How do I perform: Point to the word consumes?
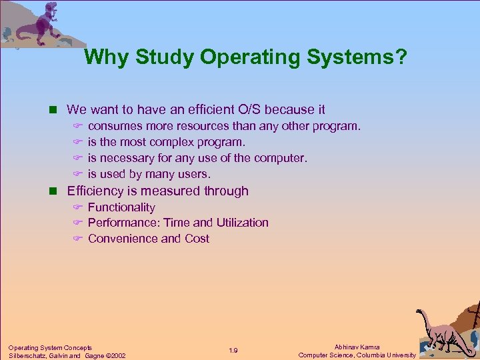(x=115, y=126)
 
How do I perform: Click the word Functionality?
(x=121, y=207)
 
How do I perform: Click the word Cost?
(x=197, y=239)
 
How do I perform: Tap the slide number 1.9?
(x=233, y=351)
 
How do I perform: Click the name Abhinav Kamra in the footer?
(x=357, y=347)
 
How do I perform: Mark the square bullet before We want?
(x=57, y=110)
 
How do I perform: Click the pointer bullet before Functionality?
(x=77, y=208)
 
